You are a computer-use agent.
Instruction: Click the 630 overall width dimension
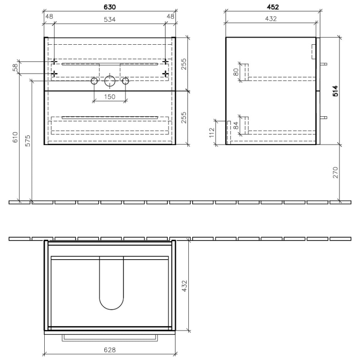coord(110,7)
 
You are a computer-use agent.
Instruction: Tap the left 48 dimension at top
coord(49,16)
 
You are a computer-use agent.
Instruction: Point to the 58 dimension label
coord(15,67)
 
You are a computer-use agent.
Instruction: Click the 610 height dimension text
coord(15,137)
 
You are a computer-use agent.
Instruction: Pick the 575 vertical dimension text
coord(28,141)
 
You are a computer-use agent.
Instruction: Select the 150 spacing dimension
coord(109,96)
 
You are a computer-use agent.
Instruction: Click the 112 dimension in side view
coord(212,133)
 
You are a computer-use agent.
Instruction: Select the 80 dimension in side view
coord(237,73)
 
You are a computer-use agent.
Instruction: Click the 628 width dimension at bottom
coord(110,350)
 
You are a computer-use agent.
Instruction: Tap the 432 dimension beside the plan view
coord(186,286)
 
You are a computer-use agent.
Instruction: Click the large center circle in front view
coord(110,81)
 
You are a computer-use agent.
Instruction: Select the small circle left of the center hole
coord(95,81)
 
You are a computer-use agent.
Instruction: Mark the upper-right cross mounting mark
coord(165,62)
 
